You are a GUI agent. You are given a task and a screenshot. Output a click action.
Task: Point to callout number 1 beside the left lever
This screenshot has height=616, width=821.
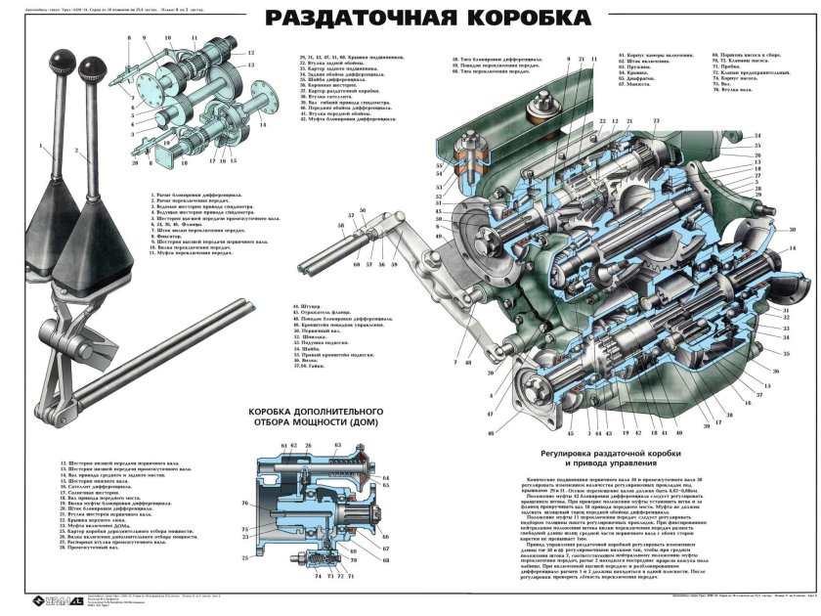[x=42, y=148]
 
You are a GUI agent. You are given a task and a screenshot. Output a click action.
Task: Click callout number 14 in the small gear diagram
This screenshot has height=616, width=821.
[x=261, y=125]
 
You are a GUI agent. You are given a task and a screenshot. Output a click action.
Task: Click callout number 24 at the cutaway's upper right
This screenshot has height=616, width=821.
[x=785, y=135]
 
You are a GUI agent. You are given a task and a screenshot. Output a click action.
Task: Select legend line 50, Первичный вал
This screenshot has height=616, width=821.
[x=323, y=330]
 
